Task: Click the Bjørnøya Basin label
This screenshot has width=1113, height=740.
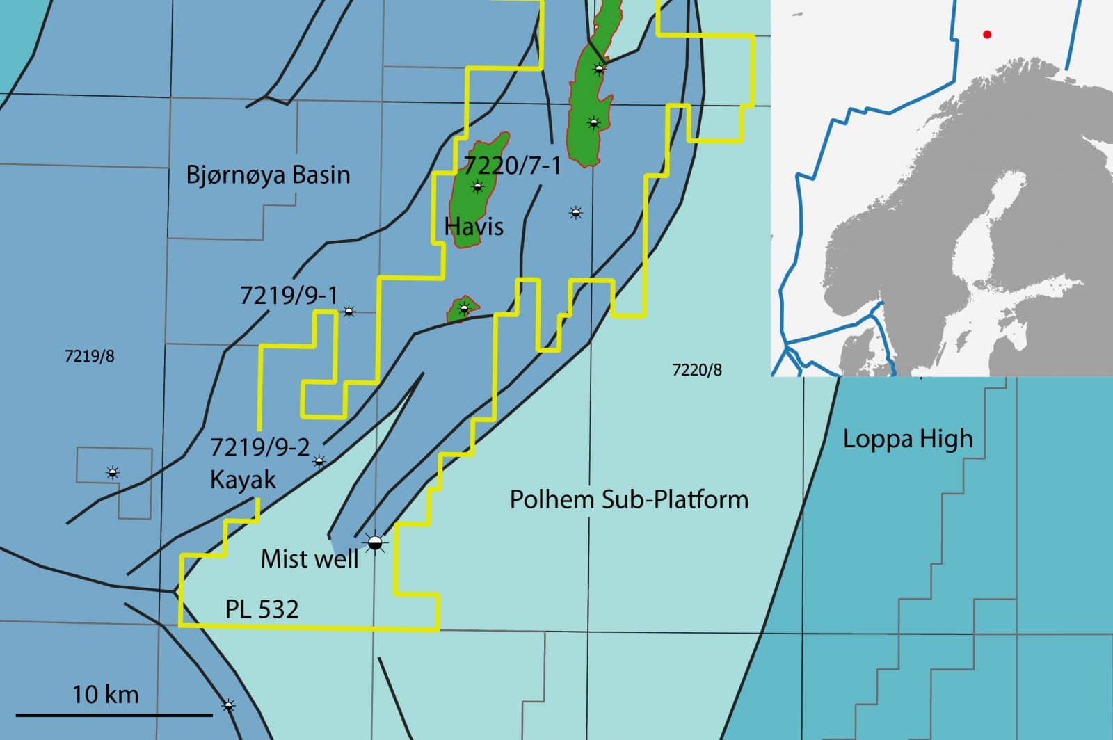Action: point(268,175)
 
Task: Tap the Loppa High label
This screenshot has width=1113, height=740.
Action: point(908,440)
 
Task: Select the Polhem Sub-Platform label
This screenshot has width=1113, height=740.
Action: point(629,499)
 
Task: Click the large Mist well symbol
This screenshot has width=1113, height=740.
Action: point(375,542)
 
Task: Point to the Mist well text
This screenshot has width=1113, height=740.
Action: point(310,558)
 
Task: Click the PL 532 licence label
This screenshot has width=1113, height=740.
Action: point(262,609)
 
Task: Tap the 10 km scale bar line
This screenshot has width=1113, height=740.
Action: point(113,714)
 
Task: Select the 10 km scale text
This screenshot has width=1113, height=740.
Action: point(106,694)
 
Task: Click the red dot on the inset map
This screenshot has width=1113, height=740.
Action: point(986,34)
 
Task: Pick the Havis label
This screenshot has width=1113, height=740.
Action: point(474,226)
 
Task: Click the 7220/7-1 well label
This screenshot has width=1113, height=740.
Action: point(512,166)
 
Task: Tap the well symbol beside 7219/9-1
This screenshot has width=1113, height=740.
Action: point(349,312)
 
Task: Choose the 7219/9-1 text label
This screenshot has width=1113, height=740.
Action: point(289,296)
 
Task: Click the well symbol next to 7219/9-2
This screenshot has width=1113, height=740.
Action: point(319,461)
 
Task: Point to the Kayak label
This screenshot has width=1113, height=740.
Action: point(243,480)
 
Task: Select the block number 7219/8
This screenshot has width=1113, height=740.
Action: point(90,356)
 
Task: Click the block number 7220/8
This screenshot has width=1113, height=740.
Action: point(697,370)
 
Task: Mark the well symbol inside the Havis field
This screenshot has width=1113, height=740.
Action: point(477,186)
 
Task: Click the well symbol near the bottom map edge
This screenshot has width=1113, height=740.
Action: point(228,705)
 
